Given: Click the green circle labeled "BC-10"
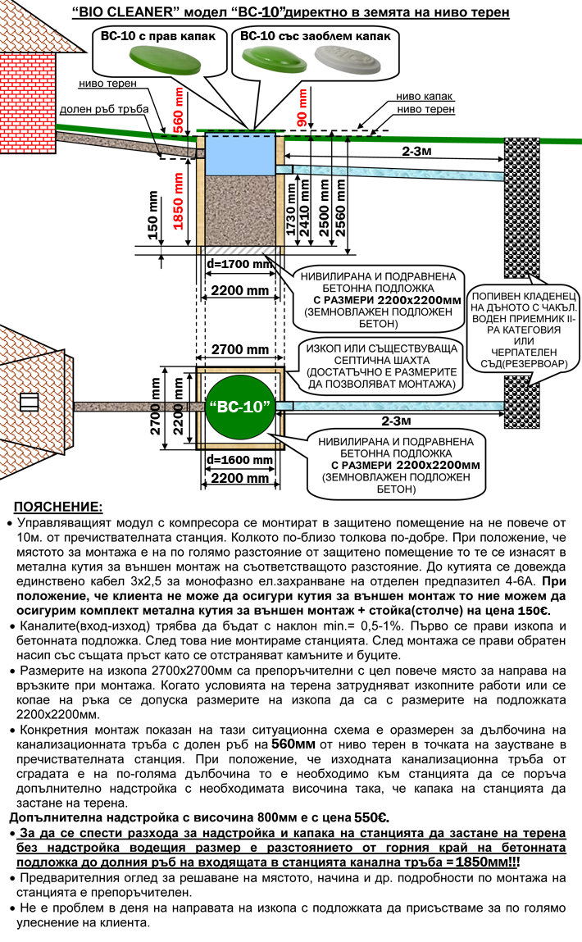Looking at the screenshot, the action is pos(239,407).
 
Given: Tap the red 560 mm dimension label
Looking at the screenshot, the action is pos(179,110).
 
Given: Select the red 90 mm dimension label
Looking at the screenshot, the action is pos(302,107).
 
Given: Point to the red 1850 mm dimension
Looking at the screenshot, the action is pos(179,201).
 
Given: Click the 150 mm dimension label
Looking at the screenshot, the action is pos(152,215).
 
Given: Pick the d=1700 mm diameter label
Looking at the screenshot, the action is pos(239,264).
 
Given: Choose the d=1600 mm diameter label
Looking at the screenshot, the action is pos(239,460).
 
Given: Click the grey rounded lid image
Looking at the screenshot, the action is pos(348,61).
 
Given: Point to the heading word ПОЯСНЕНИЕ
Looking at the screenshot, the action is pos(58,507).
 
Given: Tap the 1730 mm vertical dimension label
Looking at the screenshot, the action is pos(291,210).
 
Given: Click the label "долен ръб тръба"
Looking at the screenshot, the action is pos(104,109).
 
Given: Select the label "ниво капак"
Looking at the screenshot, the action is pos(424,96).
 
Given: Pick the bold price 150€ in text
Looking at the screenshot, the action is pos(534,611).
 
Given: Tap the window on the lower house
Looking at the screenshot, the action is pos(29,401).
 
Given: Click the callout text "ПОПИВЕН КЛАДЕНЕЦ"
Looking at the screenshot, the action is pos(524,296).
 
